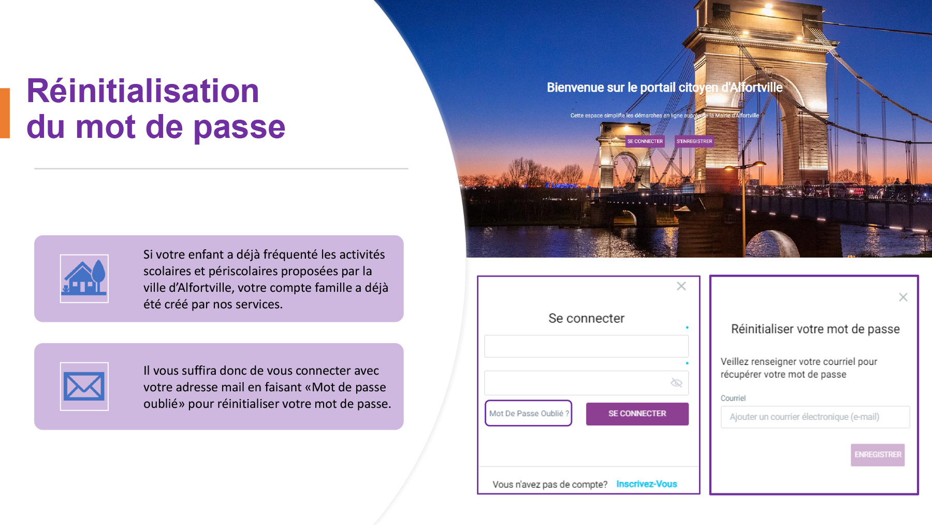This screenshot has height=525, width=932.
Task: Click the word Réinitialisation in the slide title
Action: point(142,91)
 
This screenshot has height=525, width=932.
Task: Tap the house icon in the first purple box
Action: point(84,278)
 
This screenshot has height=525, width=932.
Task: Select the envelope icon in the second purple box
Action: point(84,387)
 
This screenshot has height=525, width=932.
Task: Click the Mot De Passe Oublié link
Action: point(529,413)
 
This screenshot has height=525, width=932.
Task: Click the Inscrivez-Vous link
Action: point(647,484)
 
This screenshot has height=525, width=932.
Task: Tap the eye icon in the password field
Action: point(676,382)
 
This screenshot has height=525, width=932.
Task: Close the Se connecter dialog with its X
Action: point(681,286)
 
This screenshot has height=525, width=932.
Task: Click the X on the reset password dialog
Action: point(903,297)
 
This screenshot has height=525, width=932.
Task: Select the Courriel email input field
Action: point(815,417)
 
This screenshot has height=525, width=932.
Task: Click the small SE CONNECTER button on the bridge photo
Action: point(645,141)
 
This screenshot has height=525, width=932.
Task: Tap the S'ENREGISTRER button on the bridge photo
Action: point(694,141)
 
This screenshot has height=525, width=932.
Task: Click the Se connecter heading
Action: point(587,318)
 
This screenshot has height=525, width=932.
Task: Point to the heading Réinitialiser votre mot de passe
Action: point(815,329)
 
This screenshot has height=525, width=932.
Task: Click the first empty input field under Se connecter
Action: point(586,346)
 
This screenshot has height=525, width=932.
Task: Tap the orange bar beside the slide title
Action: point(5,113)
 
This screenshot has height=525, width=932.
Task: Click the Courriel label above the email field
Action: point(733,398)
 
